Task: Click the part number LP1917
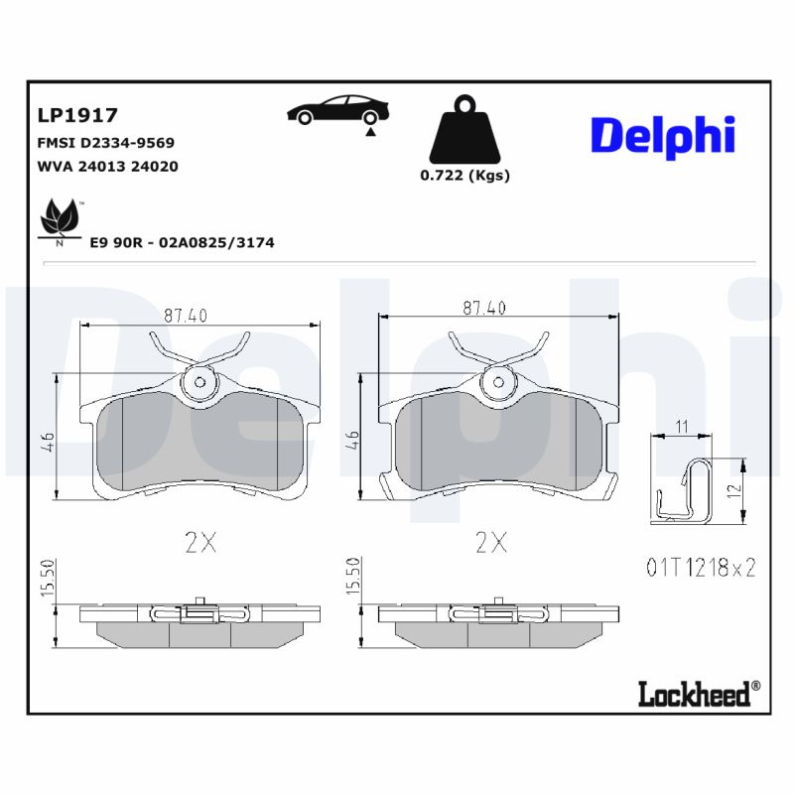(x=77, y=116)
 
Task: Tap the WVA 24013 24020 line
(x=107, y=167)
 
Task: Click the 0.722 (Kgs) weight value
(x=464, y=176)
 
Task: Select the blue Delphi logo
(x=663, y=135)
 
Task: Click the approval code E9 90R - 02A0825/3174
(x=182, y=242)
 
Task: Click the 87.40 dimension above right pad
(x=483, y=309)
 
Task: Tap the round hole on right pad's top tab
(x=499, y=382)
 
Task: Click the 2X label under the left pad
(x=199, y=542)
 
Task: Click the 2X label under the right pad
(x=490, y=542)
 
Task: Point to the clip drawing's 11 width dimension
(x=681, y=426)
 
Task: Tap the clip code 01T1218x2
(x=701, y=568)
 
